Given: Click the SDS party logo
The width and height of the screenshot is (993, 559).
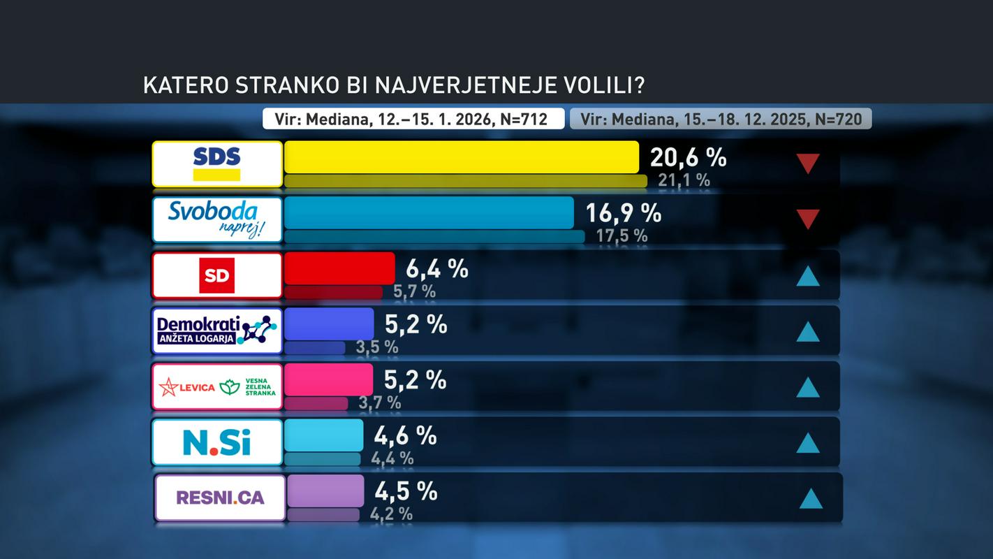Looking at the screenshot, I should click(x=217, y=164).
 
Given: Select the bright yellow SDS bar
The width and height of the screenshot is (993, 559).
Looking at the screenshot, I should click(x=461, y=157).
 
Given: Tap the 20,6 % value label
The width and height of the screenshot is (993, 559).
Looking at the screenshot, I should click(x=688, y=157).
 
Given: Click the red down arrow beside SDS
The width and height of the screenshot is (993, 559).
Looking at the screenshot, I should click(x=808, y=164).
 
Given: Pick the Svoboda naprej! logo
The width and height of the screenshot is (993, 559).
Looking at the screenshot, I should click(x=217, y=219).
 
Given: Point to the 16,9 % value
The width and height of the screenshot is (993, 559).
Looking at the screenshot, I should click(x=623, y=213).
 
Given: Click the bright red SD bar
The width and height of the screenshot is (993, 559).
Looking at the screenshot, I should click(x=339, y=268).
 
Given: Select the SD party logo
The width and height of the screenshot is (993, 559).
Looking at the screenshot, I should click(x=217, y=275).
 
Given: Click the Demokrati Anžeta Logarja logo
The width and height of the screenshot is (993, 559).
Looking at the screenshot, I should click(x=217, y=331).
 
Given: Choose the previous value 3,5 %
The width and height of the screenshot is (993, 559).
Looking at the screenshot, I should click(x=377, y=347).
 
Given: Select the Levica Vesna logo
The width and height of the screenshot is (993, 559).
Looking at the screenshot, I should click(x=217, y=386).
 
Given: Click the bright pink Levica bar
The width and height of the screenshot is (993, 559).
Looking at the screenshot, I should click(x=328, y=379).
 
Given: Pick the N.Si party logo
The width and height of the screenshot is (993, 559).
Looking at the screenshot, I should click(x=217, y=442).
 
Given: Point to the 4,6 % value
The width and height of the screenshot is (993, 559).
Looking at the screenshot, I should click(x=405, y=435).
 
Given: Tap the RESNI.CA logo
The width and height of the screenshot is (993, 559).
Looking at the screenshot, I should click(x=220, y=498).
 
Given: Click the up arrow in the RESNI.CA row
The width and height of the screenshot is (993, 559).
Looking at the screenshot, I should click(x=811, y=498).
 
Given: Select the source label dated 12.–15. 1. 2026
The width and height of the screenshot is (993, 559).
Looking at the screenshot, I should click(x=413, y=119).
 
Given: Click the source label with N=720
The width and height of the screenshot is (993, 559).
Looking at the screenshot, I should click(x=721, y=119).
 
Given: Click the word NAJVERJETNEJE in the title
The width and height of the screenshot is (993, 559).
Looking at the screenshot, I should click(x=468, y=85).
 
